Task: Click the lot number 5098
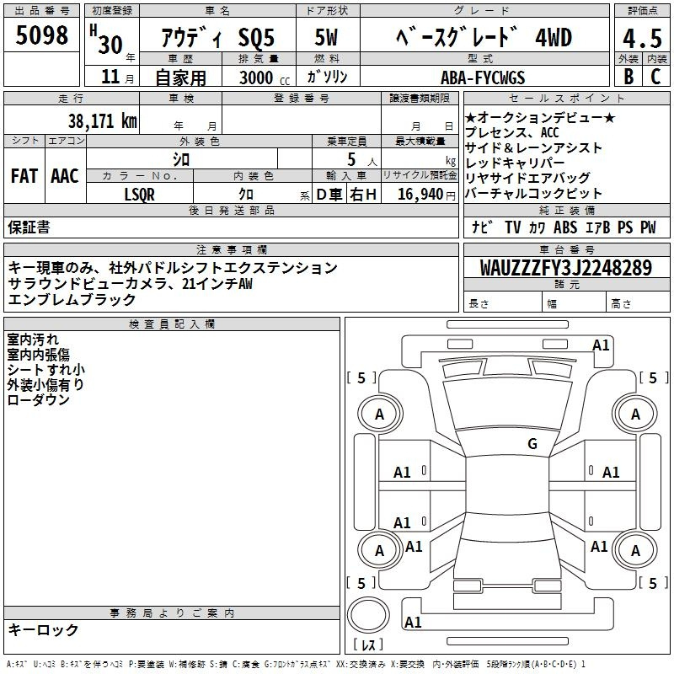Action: [41, 35]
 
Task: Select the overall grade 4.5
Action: [642, 38]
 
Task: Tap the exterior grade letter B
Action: [629, 76]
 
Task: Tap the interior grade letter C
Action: [655, 76]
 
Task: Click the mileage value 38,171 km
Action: [102, 120]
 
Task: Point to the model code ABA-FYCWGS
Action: [483, 78]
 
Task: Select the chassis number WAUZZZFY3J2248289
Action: [565, 268]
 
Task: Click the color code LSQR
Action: [139, 195]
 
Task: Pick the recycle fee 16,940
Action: [420, 194]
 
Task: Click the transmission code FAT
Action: [24, 176]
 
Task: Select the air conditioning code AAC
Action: [65, 176]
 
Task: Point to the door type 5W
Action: [326, 37]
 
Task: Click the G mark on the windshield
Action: [532, 444]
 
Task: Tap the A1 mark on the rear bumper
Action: [413, 622]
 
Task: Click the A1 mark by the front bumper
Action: [601, 345]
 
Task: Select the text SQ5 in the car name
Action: [256, 38]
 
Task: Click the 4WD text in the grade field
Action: [554, 37]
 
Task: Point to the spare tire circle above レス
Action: [368, 615]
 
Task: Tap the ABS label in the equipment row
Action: [565, 227]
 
